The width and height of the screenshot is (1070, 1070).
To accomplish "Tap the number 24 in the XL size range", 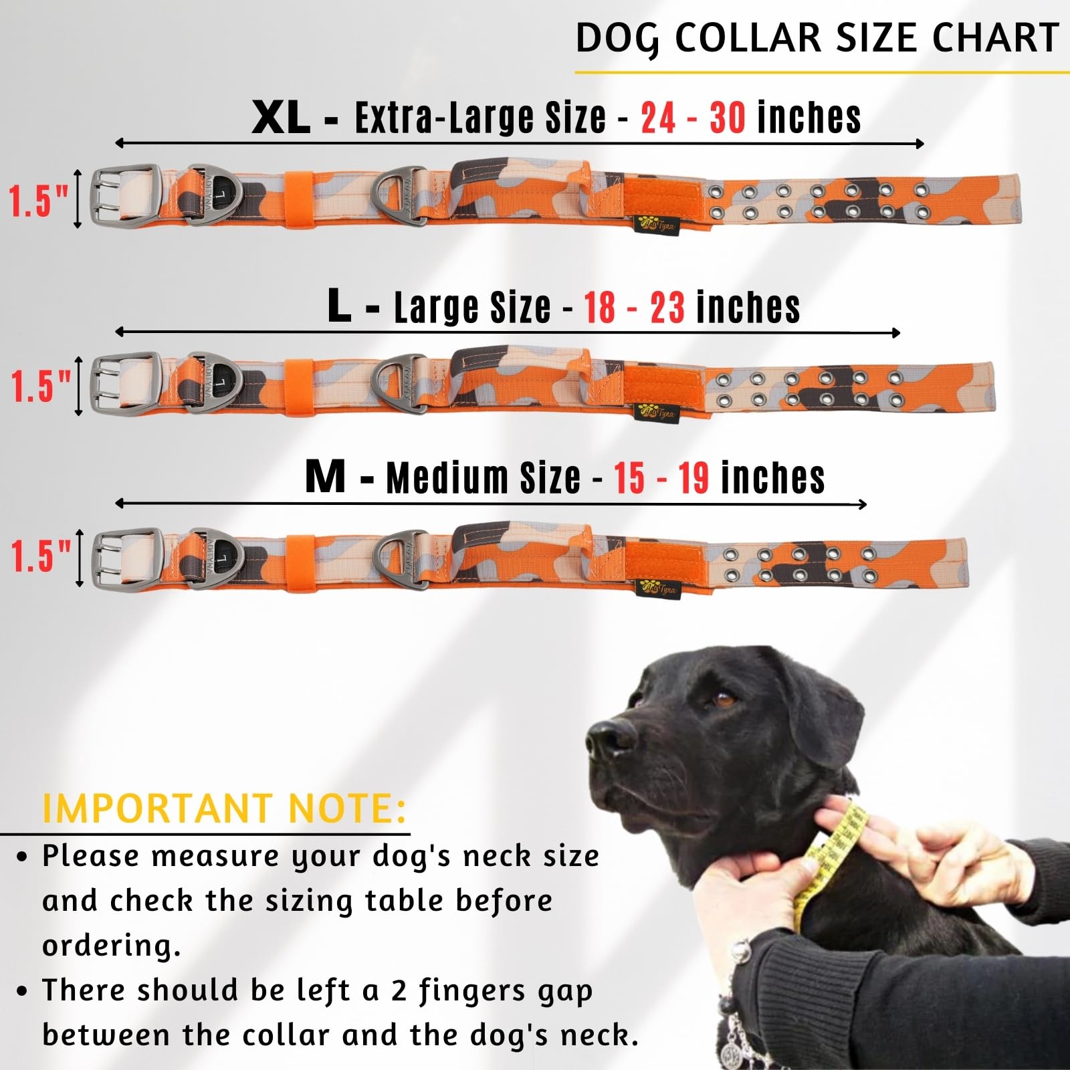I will click(658, 118).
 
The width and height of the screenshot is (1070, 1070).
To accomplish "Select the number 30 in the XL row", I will click(728, 118).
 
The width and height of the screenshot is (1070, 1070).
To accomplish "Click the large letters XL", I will click(281, 118).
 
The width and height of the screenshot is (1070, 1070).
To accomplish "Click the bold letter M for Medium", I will click(326, 477).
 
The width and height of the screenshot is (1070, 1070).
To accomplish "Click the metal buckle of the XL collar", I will click(125, 195).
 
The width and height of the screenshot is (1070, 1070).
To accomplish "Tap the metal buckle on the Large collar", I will click(126, 384).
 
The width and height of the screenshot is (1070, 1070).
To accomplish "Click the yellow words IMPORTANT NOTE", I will click(224, 809).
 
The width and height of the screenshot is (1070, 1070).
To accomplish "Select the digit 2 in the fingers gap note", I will click(400, 990).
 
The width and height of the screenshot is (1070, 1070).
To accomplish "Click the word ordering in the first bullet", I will click(111, 946).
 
